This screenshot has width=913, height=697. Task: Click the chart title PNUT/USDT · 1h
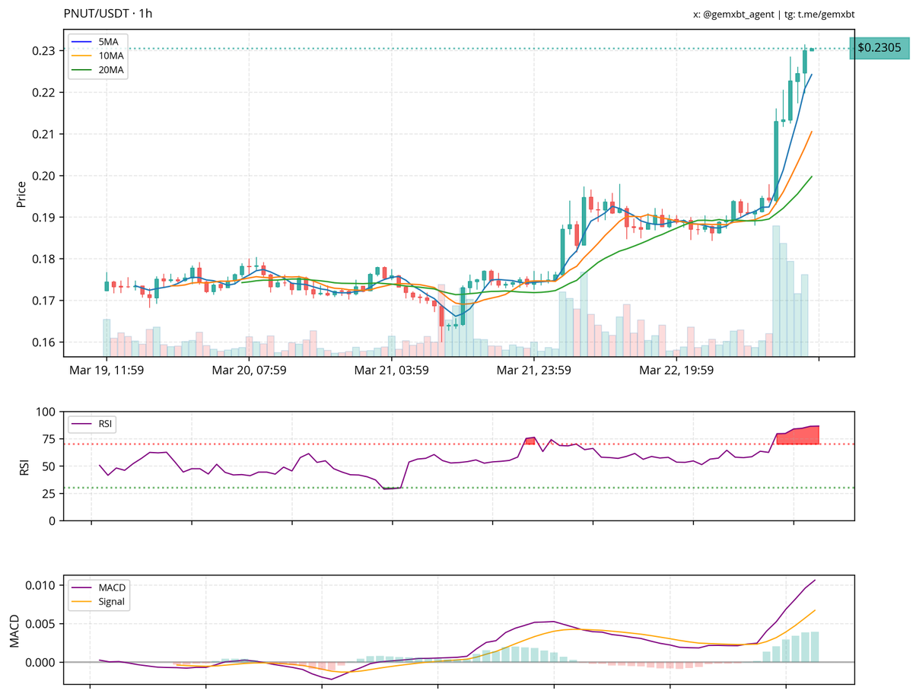[x=107, y=14]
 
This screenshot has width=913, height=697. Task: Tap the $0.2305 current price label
[x=879, y=48]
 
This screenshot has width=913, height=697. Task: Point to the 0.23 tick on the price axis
[x=42, y=50]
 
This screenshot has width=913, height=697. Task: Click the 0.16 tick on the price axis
[x=42, y=342]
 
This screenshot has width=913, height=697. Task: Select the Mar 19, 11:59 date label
[x=107, y=371]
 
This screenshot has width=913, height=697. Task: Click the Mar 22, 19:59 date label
[x=676, y=371]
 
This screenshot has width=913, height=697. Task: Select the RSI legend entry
[x=98, y=423]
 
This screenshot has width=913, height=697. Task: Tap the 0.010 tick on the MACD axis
[x=40, y=585]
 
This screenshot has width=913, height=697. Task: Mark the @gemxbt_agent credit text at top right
[x=778, y=14]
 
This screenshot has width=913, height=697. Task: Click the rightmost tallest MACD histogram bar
[x=814, y=647]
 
